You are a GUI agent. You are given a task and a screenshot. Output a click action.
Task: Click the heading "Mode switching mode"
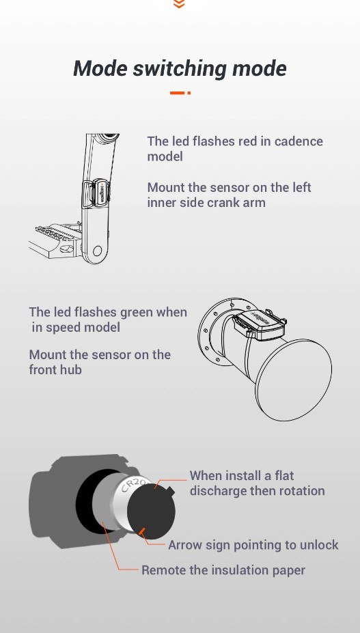pyautogui.click(x=180, y=68)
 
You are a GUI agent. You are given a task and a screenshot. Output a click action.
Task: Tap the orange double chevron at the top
pyautogui.click(x=180, y=4)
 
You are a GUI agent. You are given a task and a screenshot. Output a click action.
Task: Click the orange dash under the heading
pyautogui.click(x=179, y=93)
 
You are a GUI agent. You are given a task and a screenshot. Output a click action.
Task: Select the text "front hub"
pyautogui.click(x=55, y=369)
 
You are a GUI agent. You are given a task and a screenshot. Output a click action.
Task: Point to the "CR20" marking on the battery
pyautogui.click(x=133, y=486)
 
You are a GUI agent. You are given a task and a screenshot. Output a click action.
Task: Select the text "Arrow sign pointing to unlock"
pyautogui.click(x=253, y=545)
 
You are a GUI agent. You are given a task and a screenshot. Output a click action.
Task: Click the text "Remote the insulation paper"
pyautogui.click(x=223, y=570)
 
